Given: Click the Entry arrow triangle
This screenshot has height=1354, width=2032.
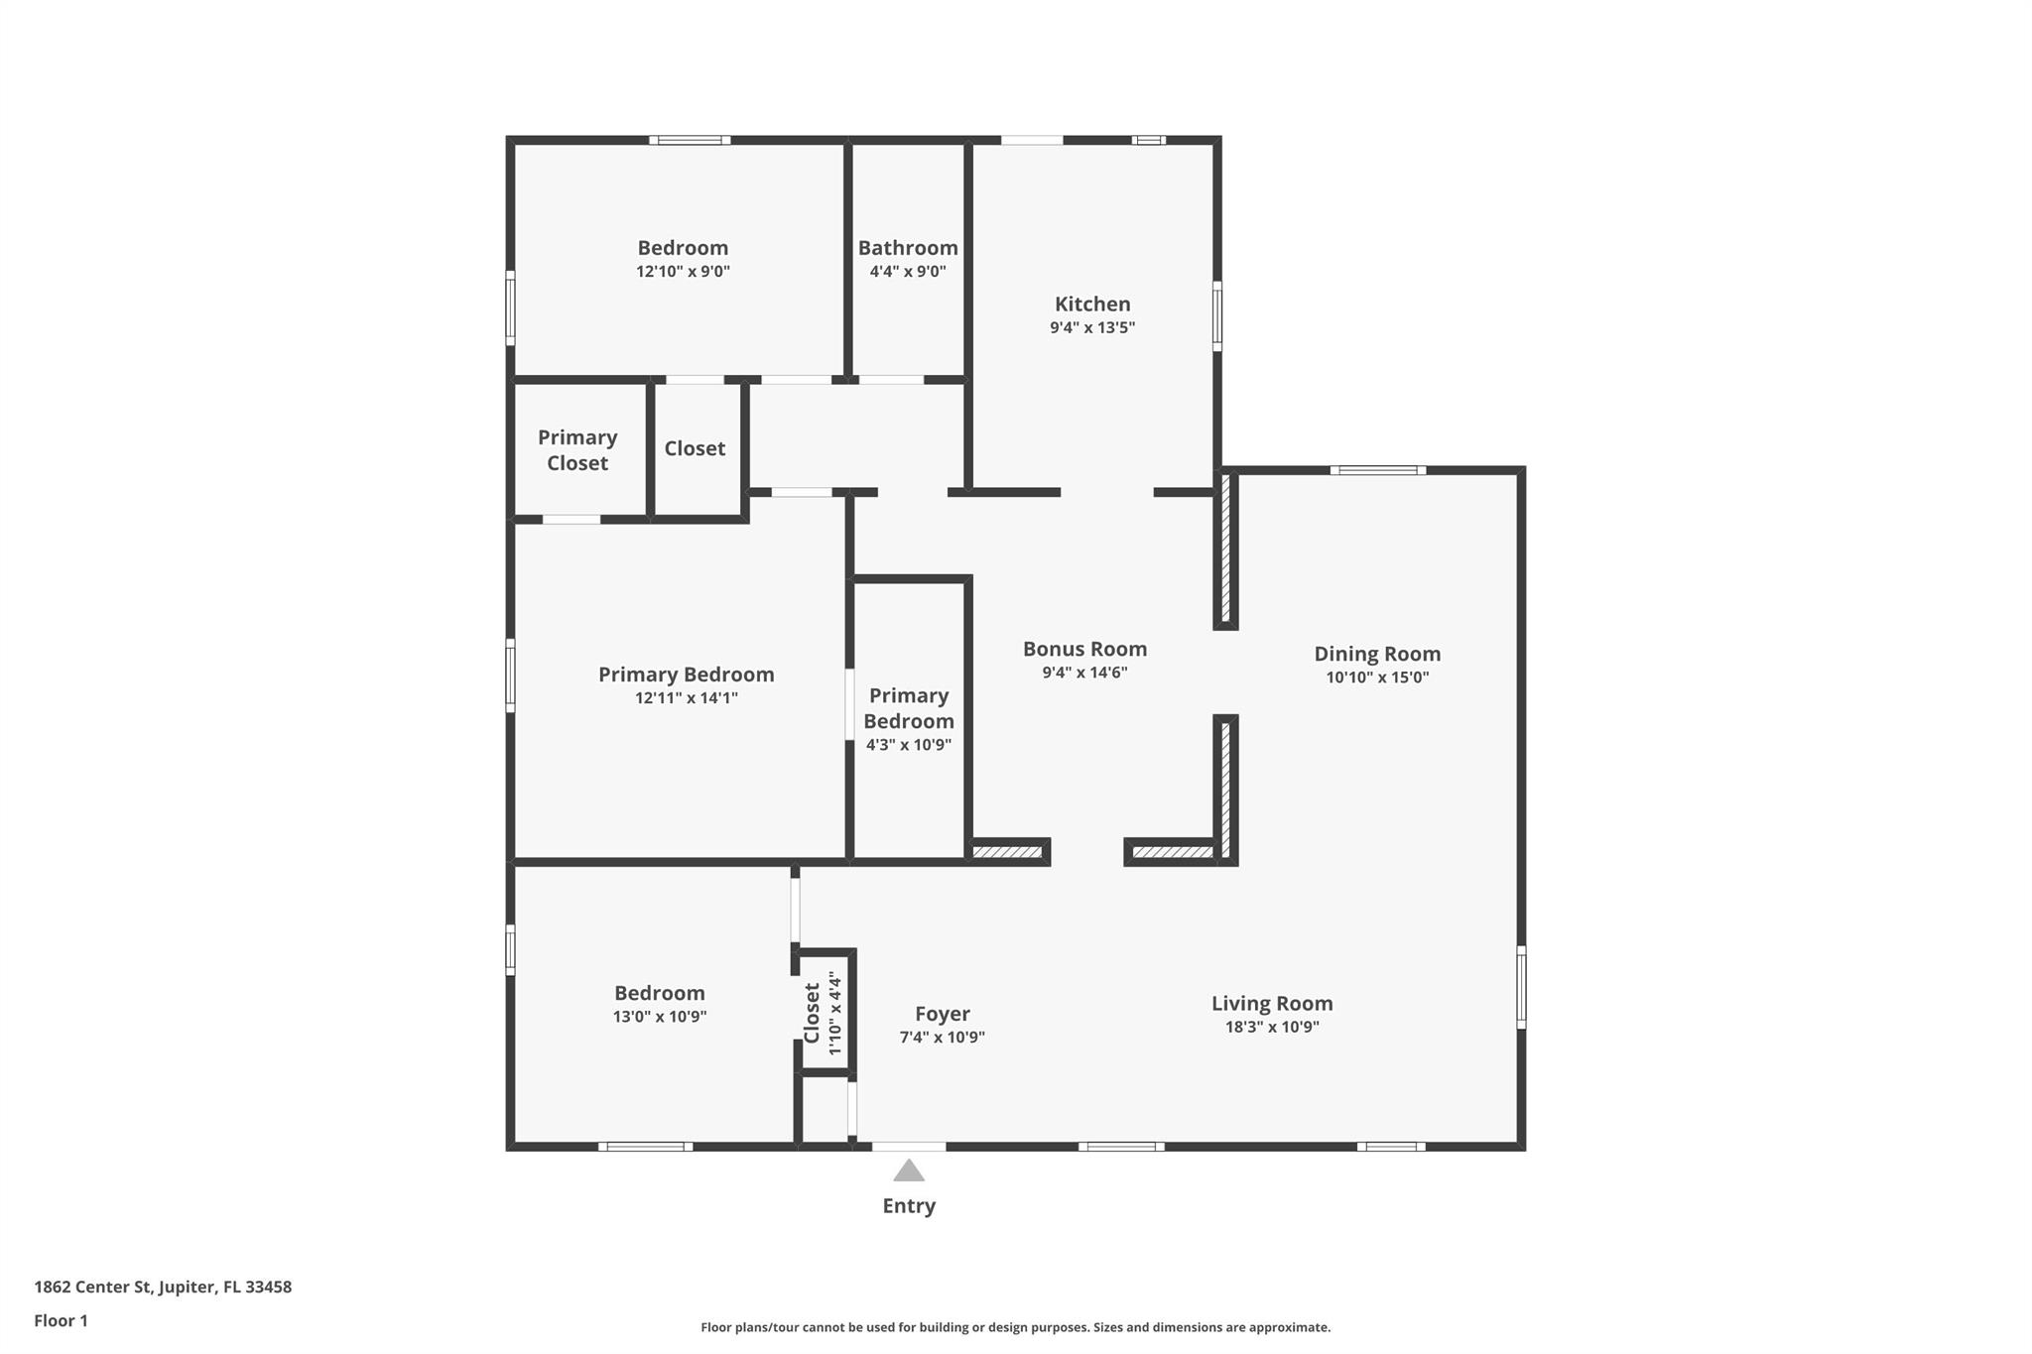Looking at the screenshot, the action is (909, 1170).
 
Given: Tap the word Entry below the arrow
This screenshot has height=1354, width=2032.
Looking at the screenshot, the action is (909, 1206).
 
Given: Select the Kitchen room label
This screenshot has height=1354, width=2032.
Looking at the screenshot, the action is (1092, 305).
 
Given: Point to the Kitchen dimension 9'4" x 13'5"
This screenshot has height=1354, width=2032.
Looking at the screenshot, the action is (1092, 327).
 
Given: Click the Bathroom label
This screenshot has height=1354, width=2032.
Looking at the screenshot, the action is (908, 248).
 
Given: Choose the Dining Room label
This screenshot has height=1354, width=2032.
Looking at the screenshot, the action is (1377, 654).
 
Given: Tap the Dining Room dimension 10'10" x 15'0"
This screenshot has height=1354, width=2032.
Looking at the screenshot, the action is (1377, 677).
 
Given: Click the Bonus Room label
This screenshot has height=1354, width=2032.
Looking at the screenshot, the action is (1084, 649).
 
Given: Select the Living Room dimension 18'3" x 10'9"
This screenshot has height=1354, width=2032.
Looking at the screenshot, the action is (1272, 1027).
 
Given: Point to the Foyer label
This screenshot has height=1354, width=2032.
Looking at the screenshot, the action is (942, 1014).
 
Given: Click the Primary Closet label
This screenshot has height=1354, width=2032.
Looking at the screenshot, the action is (577, 450).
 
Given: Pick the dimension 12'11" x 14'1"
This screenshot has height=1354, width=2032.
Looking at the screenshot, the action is (687, 697).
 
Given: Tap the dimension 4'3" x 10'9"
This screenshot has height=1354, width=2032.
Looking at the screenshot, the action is (909, 745).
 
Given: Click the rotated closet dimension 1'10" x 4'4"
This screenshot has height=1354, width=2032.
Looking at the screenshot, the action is (835, 1013).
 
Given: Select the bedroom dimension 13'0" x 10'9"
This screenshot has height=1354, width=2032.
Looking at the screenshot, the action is (660, 1016).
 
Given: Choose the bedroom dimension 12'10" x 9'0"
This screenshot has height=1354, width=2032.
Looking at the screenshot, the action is (683, 271).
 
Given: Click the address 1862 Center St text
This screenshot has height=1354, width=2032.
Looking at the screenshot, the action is (163, 1288).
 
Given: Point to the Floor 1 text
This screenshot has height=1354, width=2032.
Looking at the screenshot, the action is (61, 1320).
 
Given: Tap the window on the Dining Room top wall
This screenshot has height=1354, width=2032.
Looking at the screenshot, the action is (1377, 470).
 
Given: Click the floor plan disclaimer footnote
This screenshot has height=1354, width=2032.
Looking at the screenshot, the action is (1015, 1327).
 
